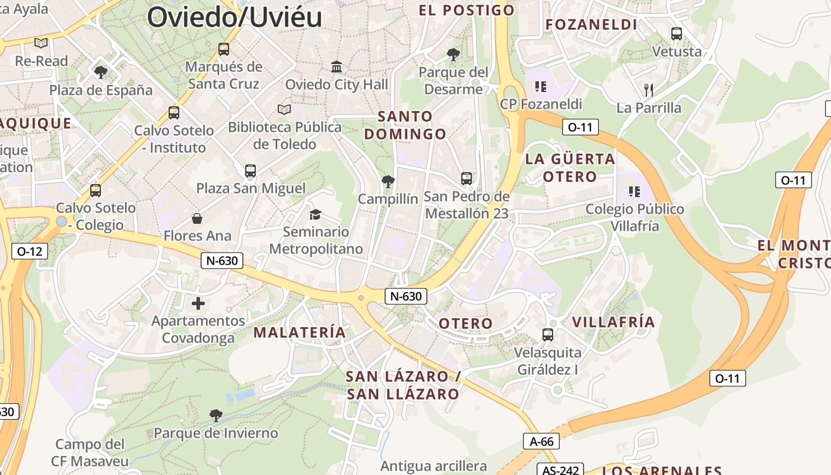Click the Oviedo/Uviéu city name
(x=234, y=17)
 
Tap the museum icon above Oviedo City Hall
(x=337, y=66)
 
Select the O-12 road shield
(x=30, y=251)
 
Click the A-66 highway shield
(x=541, y=441)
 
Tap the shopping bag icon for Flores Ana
(x=197, y=218)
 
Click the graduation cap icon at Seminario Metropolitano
(x=315, y=214)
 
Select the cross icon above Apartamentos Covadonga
(x=198, y=304)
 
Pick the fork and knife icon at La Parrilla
(x=649, y=90)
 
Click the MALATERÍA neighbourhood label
(x=300, y=332)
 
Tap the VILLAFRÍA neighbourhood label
(x=613, y=322)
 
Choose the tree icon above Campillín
(x=388, y=181)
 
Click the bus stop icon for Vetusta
(x=677, y=34)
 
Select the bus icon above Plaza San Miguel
(x=250, y=171)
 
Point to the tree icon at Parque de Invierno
(x=216, y=415)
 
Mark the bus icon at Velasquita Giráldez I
(x=548, y=335)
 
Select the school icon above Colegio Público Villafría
(x=635, y=192)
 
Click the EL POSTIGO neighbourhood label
(x=467, y=10)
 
